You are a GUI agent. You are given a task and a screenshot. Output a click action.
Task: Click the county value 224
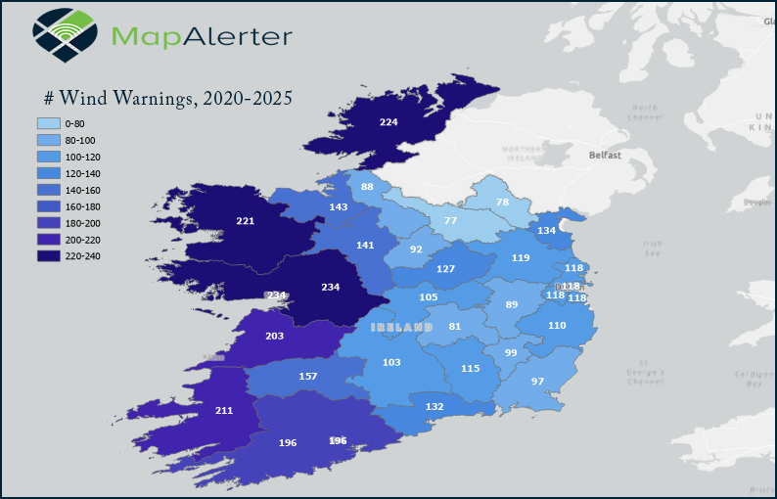pyautogui.click(x=388, y=122)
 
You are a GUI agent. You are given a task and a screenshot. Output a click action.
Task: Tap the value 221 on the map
pyautogui.click(x=246, y=221)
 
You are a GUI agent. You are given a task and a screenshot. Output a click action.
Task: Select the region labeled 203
pyautogui.click(x=275, y=336)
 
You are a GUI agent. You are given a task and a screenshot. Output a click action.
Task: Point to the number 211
pyautogui.click(x=224, y=410)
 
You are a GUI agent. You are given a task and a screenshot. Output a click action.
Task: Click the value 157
pyautogui.click(x=308, y=377)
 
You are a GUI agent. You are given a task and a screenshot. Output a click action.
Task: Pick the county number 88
pyautogui.click(x=367, y=187)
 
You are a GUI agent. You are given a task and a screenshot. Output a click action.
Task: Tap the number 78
pyautogui.click(x=503, y=203)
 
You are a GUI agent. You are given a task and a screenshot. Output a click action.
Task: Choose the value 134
pyautogui.click(x=547, y=230)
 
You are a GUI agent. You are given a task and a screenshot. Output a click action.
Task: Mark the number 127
pyautogui.click(x=445, y=269)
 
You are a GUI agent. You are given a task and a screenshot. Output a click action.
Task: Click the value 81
pyautogui.click(x=454, y=327)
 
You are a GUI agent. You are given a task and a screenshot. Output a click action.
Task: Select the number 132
pyautogui.click(x=434, y=406)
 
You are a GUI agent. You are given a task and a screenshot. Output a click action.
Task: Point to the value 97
pyautogui.click(x=537, y=381)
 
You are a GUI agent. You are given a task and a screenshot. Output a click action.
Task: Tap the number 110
pyautogui.click(x=557, y=326)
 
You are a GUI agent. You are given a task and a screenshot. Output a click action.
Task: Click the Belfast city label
pyautogui.click(x=605, y=156)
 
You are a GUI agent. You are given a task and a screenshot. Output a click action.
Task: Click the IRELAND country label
pyautogui.click(x=401, y=326)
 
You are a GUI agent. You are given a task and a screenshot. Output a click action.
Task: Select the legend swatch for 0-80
pyautogui.click(x=47, y=124)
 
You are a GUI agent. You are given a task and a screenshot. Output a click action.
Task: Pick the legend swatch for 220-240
pyautogui.click(x=47, y=256)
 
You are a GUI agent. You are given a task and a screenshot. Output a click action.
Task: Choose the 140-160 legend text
pyautogui.click(x=82, y=190)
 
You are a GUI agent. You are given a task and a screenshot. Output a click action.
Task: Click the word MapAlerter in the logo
pyautogui.click(x=202, y=36)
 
